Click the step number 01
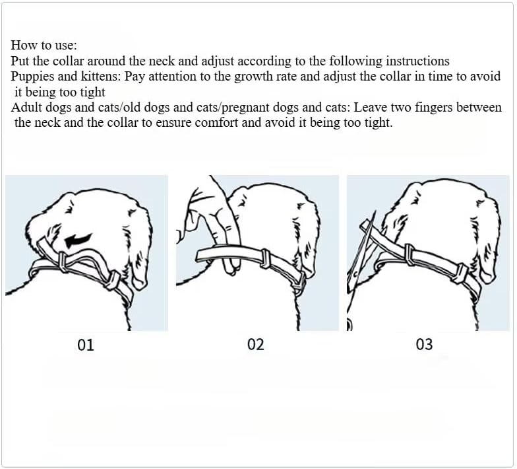pos(86,345)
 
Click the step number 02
pos(256,345)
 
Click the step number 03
pos(424,345)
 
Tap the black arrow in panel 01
pos(78,240)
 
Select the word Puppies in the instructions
pos(32,77)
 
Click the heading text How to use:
pos(44,45)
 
